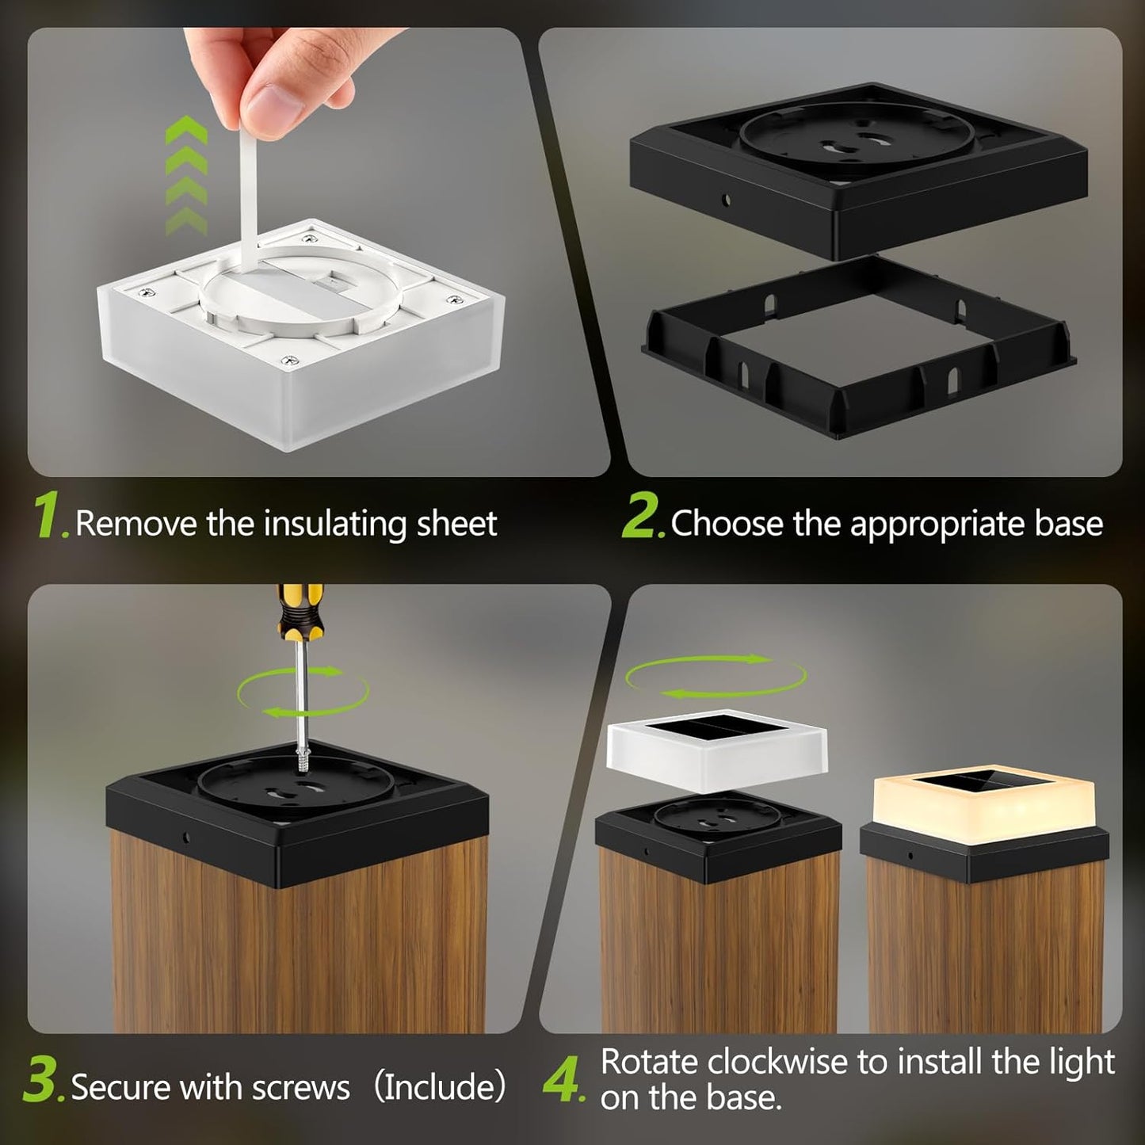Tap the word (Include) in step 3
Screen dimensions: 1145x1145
coord(440,1086)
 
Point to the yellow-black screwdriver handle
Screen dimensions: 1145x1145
coord(300,610)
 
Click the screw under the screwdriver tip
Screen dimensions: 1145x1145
coord(303,760)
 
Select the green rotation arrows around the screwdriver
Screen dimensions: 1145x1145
coord(303,691)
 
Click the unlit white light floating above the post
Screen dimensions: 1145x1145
coord(717,746)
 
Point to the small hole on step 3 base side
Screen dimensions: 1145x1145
coord(185,837)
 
